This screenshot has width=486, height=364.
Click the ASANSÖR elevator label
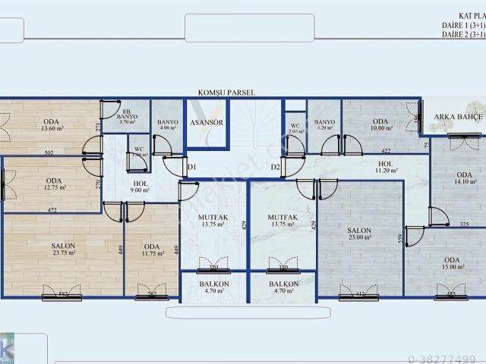tap(205, 122)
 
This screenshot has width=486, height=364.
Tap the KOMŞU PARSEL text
tap(226, 93)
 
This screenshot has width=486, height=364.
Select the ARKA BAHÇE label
tap(454, 117)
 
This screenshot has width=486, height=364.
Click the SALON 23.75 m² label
tap(63, 249)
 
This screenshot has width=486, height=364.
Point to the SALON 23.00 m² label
tap(359, 233)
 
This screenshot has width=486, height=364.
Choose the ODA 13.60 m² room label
tap(52, 124)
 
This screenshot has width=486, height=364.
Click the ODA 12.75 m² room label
tap(52, 184)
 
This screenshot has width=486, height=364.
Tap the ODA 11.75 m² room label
tap(152, 249)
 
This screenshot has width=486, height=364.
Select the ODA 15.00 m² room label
tap(453, 262)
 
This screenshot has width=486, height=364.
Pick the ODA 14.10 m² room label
tap(464, 178)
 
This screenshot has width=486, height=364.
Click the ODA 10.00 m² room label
tap(380, 124)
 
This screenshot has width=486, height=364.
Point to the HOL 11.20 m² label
tap(385, 167)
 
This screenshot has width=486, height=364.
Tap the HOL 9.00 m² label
tap(140, 187)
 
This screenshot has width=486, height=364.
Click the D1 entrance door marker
tap(191, 166)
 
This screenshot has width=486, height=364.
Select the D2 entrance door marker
tap(276, 166)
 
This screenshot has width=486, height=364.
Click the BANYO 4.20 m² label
tap(324, 124)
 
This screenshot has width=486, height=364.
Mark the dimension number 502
tap(49, 153)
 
